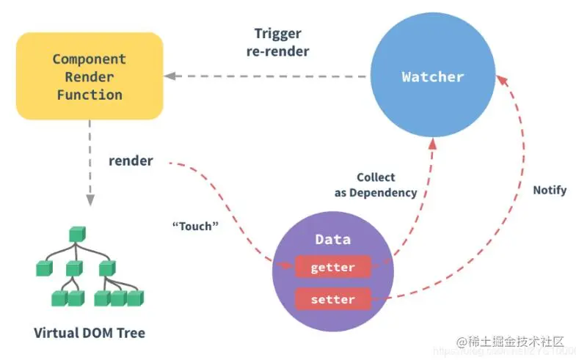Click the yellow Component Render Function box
(89, 76)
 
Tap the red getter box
(332, 268)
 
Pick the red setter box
(332, 299)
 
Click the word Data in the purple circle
(332, 239)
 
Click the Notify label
(550, 190)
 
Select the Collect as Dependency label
(376, 185)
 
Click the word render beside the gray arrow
(131, 161)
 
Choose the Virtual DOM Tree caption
(90, 333)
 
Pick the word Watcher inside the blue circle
(432, 76)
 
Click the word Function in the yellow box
(89, 95)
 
